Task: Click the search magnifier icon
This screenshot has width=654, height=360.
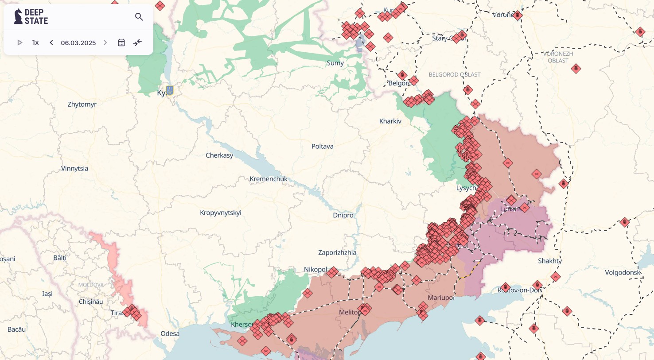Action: [x=139, y=17]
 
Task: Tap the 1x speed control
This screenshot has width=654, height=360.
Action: [x=35, y=43]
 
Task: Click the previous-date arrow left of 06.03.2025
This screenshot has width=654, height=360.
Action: [x=51, y=43]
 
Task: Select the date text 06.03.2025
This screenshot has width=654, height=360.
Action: [x=78, y=43]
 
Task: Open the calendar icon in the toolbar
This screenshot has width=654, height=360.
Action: [x=121, y=43]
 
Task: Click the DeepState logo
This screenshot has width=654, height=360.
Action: [x=31, y=16]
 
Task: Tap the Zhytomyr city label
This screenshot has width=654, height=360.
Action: [x=82, y=105]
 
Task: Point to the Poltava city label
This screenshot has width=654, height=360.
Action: [x=322, y=146]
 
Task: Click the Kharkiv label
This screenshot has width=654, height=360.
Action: [x=390, y=121]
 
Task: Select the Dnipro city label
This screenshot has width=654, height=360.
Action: [x=343, y=215]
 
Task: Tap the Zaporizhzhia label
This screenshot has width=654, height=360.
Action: [x=337, y=252]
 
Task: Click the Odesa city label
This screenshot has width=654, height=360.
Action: [x=170, y=333]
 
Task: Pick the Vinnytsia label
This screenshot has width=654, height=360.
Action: [x=74, y=168]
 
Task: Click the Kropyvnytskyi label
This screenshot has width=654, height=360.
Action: [x=221, y=213]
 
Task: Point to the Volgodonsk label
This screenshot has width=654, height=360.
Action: [x=623, y=272]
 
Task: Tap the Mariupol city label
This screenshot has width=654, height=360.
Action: [x=441, y=298]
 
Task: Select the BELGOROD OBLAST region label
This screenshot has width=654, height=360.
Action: [x=454, y=74]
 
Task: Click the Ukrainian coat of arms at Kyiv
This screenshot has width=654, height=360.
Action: [x=170, y=90]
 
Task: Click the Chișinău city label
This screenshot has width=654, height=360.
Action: [x=91, y=302]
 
